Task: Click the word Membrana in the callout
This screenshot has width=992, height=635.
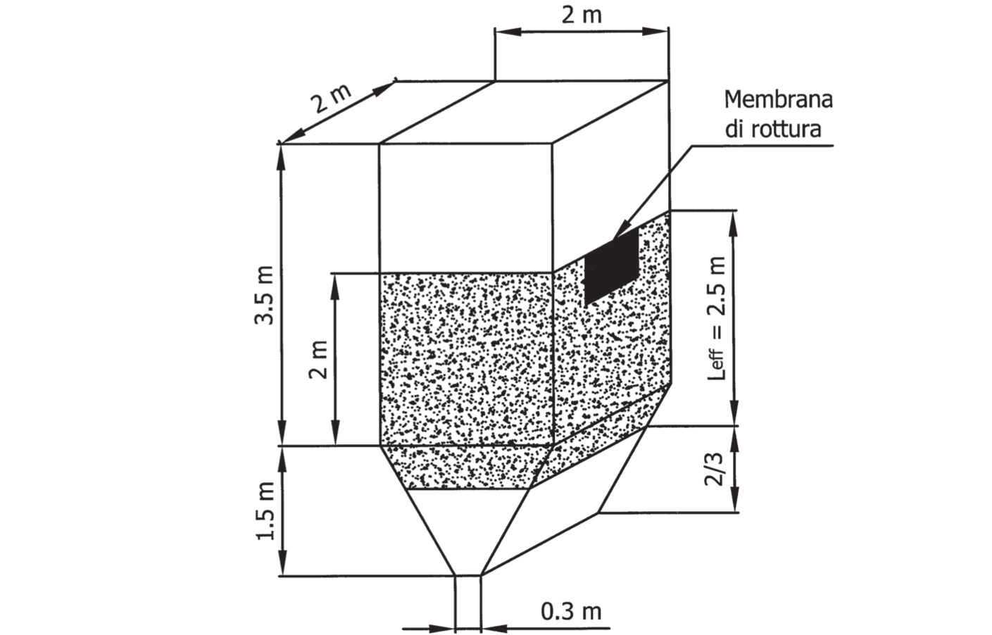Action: point(778,100)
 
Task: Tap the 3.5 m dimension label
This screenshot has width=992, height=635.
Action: point(265,296)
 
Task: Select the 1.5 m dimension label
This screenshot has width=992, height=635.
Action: point(265,510)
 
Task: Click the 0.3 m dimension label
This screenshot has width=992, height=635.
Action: point(571,612)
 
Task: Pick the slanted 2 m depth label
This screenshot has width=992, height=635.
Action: point(331,99)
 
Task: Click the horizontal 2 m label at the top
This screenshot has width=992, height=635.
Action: point(582,15)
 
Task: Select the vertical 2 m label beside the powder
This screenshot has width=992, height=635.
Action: point(318,359)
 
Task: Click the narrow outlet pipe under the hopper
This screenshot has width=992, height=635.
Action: point(468,605)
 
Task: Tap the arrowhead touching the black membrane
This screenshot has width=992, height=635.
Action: point(620,232)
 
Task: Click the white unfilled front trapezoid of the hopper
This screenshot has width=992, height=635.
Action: point(468,532)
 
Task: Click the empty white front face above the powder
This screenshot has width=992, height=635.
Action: point(466,208)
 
